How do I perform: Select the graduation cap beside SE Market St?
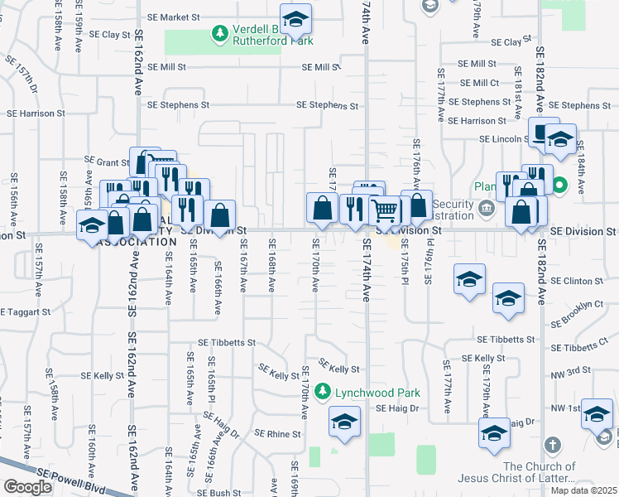[x=295, y=17]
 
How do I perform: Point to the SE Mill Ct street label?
[x=479, y=83]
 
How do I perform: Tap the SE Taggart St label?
[x=26, y=312]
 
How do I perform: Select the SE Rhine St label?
[x=277, y=433]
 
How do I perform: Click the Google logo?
[x=27, y=487]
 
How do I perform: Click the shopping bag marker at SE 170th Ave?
[x=321, y=208]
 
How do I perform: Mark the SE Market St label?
[x=173, y=17]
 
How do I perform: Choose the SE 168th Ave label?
[x=271, y=265]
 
